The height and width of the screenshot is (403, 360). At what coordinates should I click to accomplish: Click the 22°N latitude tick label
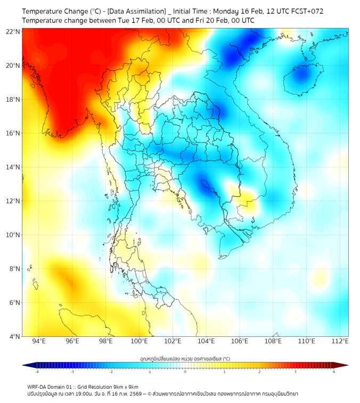coord(13,31)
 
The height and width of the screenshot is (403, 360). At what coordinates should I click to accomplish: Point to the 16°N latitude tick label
coord(13,133)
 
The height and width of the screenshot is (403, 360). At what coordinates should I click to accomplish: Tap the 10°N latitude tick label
coord(13,235)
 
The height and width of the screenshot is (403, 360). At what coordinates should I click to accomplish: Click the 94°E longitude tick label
coord(39,341)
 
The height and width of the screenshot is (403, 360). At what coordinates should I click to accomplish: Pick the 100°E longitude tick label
coord(140,341)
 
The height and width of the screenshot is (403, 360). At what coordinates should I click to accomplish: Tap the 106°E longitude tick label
coord(240,341)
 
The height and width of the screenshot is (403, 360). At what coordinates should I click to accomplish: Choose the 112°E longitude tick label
coord(340,341)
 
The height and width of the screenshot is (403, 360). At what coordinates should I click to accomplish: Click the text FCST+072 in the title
coord(305,11)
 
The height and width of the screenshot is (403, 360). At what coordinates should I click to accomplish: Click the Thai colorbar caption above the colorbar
coord(185,358)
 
